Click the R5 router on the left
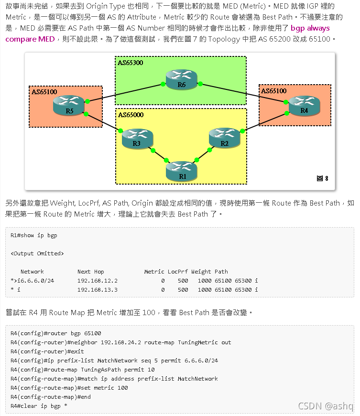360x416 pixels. [x=69, y=105]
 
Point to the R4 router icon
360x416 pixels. [x=304, y=104]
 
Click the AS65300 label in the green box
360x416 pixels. [x=131, y=63]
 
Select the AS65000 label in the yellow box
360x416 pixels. [x=131, y=115]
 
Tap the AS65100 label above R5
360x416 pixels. [x=44, y=91]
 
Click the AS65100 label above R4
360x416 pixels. [x=273, y=90]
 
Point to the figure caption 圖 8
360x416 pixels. [x=323, y=178]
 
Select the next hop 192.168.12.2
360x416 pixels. [x=97, y=281]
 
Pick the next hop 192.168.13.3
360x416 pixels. [x=97, y=290]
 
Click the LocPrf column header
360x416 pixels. [x=178, y=272]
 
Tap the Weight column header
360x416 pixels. [x=201, y=272]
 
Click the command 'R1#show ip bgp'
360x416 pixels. [x=34, y=235]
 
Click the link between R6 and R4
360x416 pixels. [x=244, y=93]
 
